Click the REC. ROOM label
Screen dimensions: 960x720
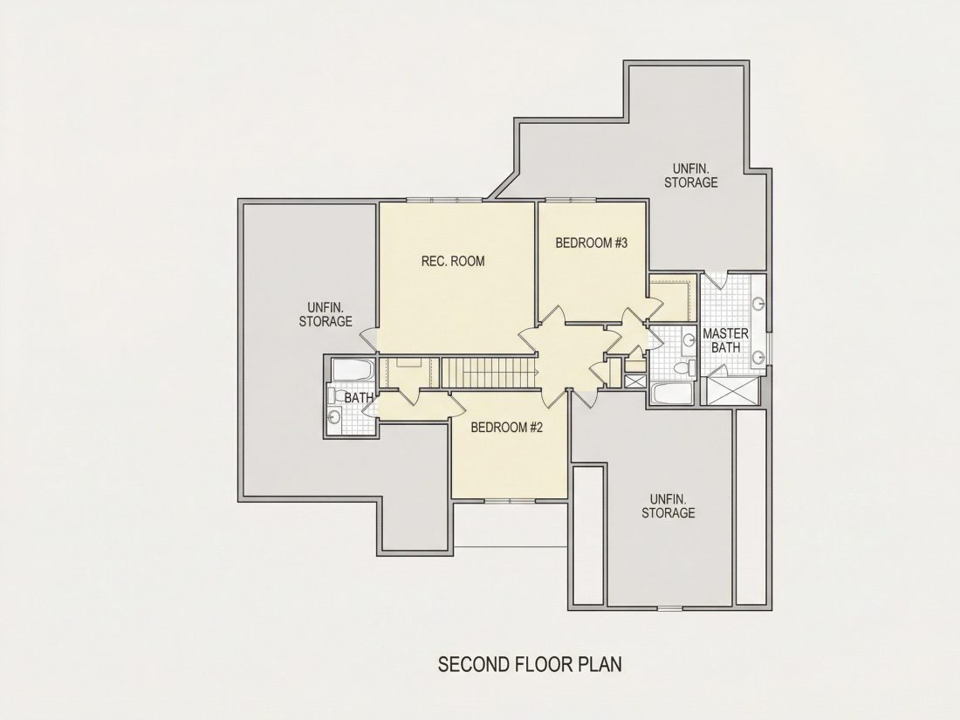point(452,262)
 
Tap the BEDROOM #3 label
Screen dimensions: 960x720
point(592,243)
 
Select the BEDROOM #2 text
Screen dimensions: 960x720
point(507,428)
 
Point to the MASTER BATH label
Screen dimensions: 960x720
point(725,340)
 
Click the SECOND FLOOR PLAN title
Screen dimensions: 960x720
point(530,664)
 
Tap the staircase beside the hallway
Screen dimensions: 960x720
point(490,373)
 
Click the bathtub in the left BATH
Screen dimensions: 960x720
point(353,370)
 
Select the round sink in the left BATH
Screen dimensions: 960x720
point(334,417)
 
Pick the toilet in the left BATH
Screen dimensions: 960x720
point(335,394)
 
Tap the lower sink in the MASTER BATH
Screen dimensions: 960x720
point(758,356)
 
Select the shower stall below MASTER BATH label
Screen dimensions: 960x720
point(733,391)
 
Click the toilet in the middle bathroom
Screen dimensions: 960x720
point(683,368)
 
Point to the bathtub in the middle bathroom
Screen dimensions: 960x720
point(672,393)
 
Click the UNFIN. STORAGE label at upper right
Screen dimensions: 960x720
point(691,175)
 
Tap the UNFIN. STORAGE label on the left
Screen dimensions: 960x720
point(326,314)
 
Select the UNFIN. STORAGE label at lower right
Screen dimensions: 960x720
point(669,505)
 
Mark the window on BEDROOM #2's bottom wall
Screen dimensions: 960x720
point(510,501)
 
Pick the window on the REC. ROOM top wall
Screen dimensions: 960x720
point(444,200)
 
